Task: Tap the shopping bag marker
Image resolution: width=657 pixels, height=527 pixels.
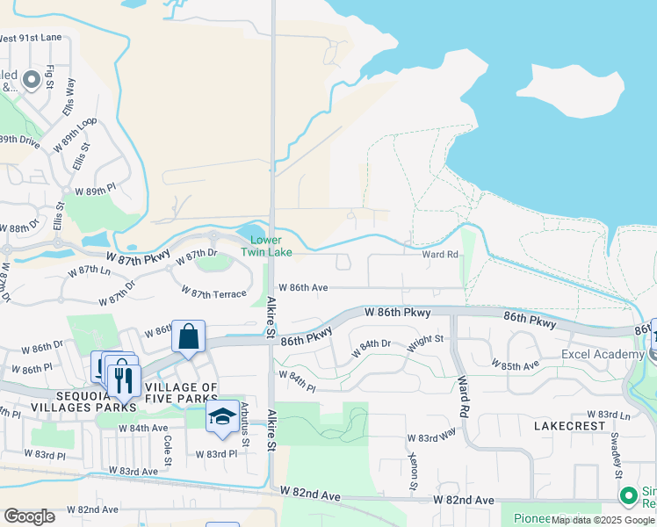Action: (x=188, y=336)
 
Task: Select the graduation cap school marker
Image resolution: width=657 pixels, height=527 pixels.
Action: (x=223, y=415)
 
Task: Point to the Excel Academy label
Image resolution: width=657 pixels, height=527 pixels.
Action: (x=603, y=354)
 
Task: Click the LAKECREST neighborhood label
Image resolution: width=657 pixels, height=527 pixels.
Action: (x=569, y=425)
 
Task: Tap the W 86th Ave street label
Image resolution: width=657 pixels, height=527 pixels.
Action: (x=303, y=287)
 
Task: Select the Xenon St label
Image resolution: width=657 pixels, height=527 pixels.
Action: (x=413, y=471)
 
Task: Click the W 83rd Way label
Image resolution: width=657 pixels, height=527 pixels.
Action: (x=431, y=437)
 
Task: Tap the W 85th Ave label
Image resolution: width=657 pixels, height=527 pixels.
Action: (x=516, y=365)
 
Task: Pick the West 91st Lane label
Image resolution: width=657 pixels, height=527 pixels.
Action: (x=31, y=38)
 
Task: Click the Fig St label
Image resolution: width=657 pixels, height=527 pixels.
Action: (x=50, y=78)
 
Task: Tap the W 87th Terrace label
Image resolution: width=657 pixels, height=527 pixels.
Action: (x=213, y=292)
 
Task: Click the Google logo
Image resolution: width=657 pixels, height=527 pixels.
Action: (x=29, y=516)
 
